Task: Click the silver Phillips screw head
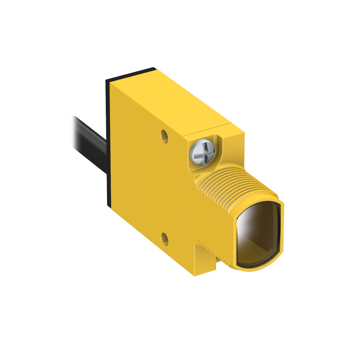[x=202, y=152]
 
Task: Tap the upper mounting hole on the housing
[x=164, y=136]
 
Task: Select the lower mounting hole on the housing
[x=164, y=239]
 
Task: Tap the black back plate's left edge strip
[x=108, y=143]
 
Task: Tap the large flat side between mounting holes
[x=146, y=186]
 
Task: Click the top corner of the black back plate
[x=153, y=68]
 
